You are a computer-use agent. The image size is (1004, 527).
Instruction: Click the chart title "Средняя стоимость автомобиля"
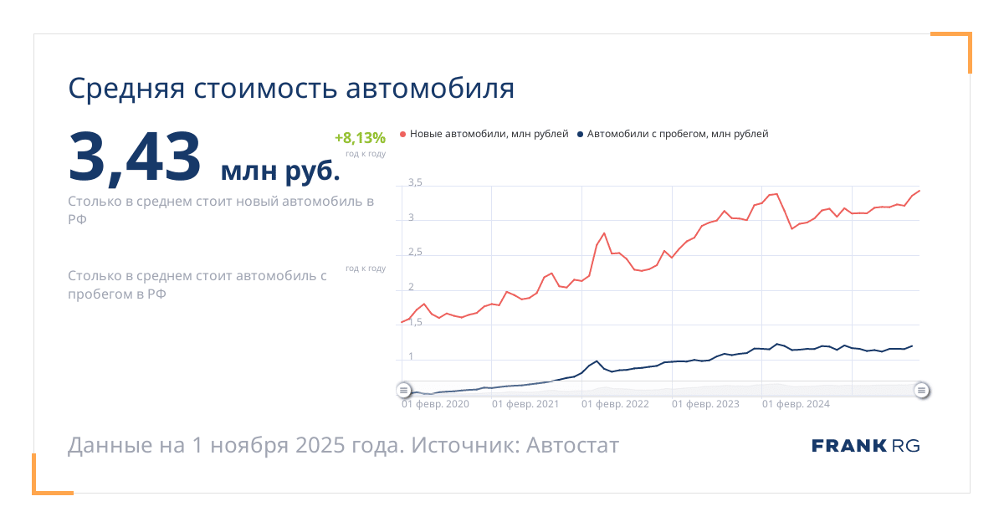pyautogui.click(x=291, y=89)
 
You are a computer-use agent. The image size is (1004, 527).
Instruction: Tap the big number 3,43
pyautogui.click(x=135, y=156)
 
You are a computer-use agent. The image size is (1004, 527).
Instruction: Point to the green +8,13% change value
pyautogui.click(x=360, y=138)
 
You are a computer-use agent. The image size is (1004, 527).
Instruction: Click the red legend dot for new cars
pyautogui.click(x=403, y=134)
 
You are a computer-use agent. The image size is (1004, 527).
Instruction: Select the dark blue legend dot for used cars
pyautogui.click(x=580, y=134)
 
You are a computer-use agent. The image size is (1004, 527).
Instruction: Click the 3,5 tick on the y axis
pyautogui.click(x=415, y=182)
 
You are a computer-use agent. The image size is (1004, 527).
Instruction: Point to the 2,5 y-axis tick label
pyautogui.click(x=415, y=252)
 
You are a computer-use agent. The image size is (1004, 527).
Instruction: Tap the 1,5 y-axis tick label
pyautogui.click(x=415, y=322)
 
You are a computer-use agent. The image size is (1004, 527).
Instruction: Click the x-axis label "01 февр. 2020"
pyautogui.click(x=435, y=404)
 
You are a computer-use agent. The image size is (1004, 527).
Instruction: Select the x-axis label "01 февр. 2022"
pyautogui.click(x=615, y=404)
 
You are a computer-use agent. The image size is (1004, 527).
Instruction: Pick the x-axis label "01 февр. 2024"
pyautogui.click(x=796, y=404)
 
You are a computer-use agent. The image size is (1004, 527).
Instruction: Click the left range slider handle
pyautogui.click(x=403, y=390)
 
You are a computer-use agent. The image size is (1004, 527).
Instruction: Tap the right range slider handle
pyautogui.click(x=921, y=390)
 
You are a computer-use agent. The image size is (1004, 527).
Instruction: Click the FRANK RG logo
pyautogui.click(x=865, y=446)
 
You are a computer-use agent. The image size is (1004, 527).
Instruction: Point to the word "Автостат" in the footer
pyautogui.click(x=573, y=445)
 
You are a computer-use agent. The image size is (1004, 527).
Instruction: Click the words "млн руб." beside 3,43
pyautogui.click(x=280, y=171)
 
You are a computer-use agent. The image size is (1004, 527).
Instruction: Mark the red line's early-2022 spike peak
pyautogui.click(x=604, y=233)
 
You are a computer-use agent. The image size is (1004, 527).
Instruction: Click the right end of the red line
pyautogui.click(x=919, y=191)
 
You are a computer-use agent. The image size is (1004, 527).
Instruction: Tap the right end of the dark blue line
pyautogui.click(x=912, y=345)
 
